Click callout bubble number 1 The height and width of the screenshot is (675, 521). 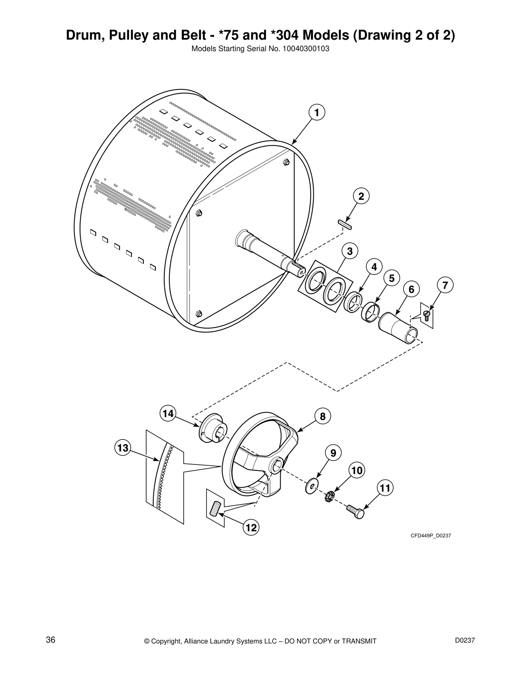tap(316, 112)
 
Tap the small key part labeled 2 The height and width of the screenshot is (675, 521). tap(344, 224)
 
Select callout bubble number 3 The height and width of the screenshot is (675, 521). tap(349, 251)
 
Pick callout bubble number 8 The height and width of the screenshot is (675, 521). tap(323, 416)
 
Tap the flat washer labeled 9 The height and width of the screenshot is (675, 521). tap(312, 487)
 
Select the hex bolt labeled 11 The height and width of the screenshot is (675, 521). tap(356, 511)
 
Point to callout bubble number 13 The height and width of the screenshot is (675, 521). tap(123, 448)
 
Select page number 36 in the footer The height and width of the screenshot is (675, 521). tap(51, 628)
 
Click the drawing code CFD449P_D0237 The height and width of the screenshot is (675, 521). tap(430, 536)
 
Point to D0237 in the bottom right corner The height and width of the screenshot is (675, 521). tap(465, 628)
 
